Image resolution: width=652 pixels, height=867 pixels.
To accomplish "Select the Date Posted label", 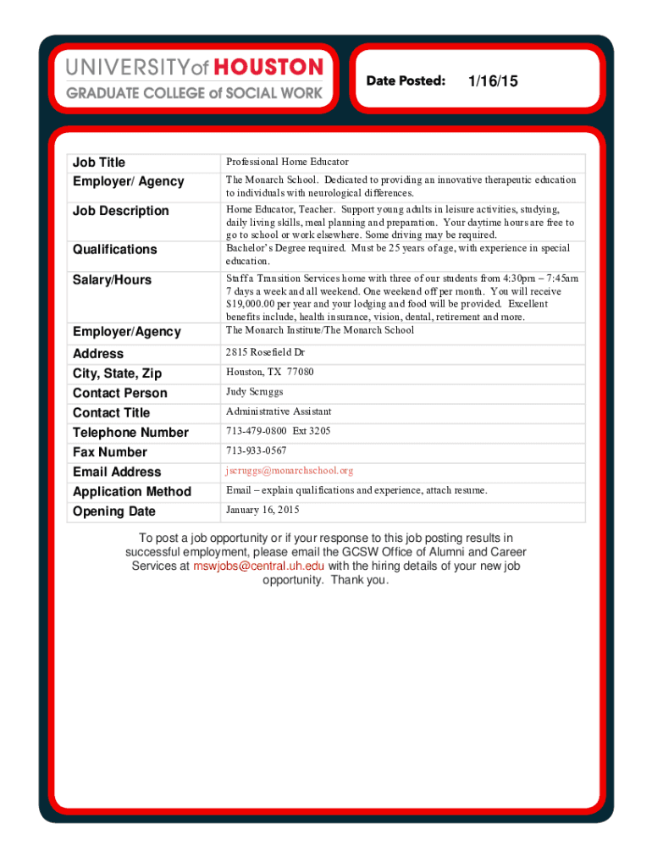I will coord(406,81).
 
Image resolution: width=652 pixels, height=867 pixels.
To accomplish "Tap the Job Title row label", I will coord(98,163).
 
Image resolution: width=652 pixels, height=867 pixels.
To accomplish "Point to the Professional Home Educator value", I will coord(287,162).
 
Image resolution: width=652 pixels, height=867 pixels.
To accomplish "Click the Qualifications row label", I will coord(114,250).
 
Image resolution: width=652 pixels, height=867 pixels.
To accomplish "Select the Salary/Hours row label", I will coord(112,280).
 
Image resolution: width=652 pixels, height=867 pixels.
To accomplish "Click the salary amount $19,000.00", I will coord(259,304).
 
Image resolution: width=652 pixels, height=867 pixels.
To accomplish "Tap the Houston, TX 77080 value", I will coord(269,372).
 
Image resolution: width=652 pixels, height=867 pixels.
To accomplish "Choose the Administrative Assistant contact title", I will coord(278,411).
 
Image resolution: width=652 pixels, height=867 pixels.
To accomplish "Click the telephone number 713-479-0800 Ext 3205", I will coord(278,431).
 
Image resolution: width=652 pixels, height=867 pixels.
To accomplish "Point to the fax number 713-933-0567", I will coord(256,450).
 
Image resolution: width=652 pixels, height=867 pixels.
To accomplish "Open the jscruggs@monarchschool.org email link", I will coord(289,471).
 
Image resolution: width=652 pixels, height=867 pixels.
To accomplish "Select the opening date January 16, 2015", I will coord(262,510).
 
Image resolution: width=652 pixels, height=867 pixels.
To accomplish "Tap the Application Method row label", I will coord(131,492).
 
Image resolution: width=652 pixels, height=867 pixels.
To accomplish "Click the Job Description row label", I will coord(120,211).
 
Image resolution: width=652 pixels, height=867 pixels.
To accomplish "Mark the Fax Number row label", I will coord(109,452).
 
